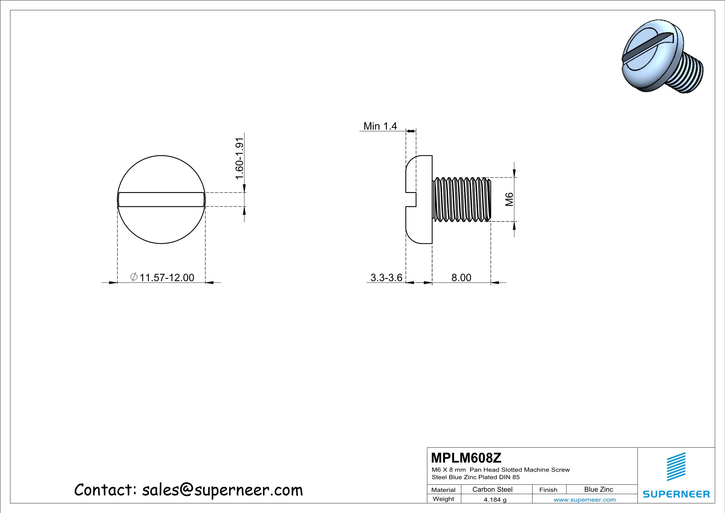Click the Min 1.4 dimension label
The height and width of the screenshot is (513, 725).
click(x=380, y=126)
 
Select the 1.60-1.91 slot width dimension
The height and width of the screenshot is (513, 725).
click(x=239, y=158)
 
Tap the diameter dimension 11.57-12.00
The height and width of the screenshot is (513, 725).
click(x=167, y=278)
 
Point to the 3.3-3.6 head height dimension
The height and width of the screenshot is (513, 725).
click(x=386, y=278)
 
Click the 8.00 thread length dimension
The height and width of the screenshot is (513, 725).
click(x=461, y=278)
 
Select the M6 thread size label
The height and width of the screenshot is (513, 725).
click(x=509, y=199)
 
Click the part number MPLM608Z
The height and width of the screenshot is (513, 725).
click(x=466, y=458)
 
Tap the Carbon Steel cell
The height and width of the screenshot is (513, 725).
click(x=492, y=489)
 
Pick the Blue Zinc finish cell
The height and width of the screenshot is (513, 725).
click(x=598, y=489)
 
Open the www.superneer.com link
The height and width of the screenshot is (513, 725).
click(x=585, y=500)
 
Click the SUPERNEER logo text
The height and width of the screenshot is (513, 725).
click(x=676, y=494)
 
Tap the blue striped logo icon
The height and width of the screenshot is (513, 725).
click(x=676, y=467)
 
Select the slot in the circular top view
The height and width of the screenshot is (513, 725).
click(x=161, y=199)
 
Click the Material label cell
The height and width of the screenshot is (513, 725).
click(x=443, y=490)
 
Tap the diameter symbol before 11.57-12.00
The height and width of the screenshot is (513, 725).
click(x=134, y=277)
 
